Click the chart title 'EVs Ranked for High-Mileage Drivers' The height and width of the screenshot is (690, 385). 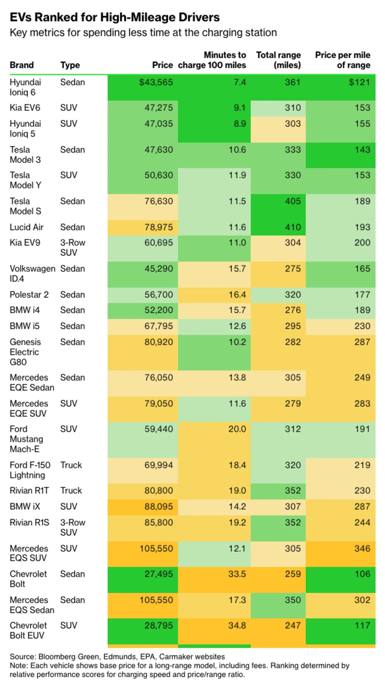115,17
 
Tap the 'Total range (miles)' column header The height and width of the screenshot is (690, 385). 278,60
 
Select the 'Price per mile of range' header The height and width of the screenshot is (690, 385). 343,60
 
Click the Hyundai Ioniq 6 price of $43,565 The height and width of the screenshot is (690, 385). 156,82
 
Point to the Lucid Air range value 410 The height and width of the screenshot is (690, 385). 293,227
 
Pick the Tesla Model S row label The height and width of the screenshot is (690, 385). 25,206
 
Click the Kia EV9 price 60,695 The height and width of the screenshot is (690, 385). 158,243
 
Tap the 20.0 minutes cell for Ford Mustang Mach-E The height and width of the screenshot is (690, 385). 237,429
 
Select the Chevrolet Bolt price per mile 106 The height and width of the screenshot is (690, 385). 362,574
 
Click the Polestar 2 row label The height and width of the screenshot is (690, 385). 29,295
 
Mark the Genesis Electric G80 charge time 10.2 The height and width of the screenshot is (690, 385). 237,342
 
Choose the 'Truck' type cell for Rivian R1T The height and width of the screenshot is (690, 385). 71,490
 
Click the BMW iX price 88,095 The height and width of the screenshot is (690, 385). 158,506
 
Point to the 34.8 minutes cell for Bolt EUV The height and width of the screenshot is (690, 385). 237,625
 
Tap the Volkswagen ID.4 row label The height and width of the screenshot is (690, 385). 32,273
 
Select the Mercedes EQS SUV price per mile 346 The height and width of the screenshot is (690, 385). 362,548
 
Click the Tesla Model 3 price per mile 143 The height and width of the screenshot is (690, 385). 362,150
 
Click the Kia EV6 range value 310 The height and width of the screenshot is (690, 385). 293,108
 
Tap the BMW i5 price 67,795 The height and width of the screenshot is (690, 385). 158,326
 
